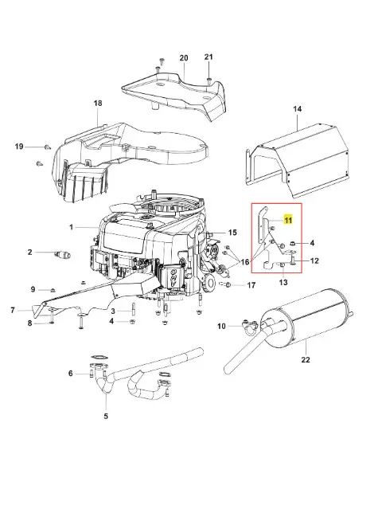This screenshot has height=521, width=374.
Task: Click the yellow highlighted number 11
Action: (288, 220)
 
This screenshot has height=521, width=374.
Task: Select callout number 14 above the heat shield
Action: (298, 109)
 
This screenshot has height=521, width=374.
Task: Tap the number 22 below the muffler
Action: (306, 359)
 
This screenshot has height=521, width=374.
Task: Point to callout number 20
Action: (184, 58)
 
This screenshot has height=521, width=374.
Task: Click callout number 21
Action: (208, 57)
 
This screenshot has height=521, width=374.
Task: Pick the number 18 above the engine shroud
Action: (98, 104)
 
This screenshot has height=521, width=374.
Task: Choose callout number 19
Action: (19, 147)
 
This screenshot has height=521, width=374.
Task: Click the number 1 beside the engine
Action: (71, 227)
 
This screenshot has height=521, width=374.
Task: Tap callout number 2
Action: (30, 253)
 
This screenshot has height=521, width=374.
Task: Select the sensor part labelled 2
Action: (63, 255)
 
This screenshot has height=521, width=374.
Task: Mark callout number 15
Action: (232, 233)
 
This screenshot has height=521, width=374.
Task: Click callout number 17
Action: (251, 285)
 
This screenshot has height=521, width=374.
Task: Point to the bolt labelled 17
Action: (228, 284)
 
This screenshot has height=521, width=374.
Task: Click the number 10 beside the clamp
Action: (221, 327)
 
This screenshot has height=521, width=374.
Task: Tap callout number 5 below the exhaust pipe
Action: (106, 416)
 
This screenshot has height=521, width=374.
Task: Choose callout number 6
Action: (70, 374)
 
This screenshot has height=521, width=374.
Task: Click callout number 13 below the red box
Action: (283, 283)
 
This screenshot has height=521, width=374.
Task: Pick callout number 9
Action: (33, 289)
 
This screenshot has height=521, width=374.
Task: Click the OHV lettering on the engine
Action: (173, 278)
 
